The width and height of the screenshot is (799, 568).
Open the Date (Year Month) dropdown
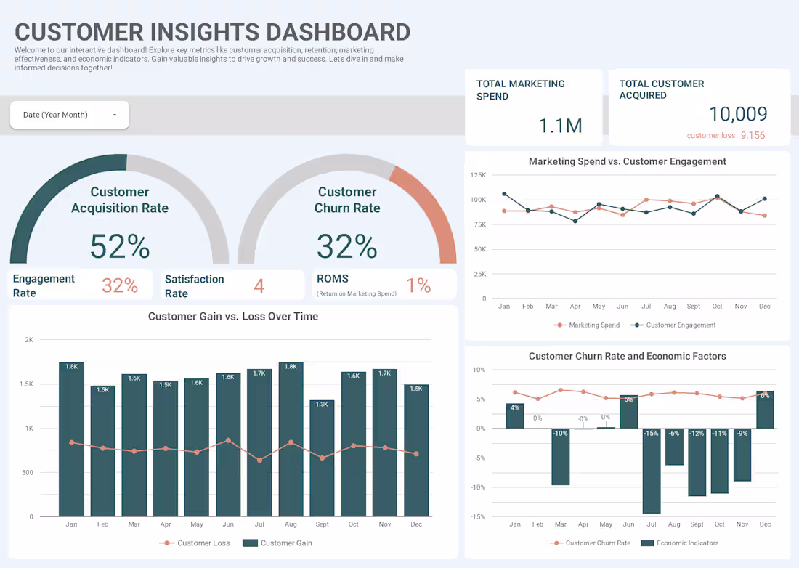(x=69, y=115)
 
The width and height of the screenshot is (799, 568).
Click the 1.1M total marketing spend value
(x=560, y=126)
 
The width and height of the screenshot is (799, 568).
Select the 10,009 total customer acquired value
(x=738, y=114)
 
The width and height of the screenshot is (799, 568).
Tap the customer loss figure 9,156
(x=753, y=136)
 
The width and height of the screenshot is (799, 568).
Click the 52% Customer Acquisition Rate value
(x=120, y=246)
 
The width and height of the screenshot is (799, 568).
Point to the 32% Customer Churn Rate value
(x=347, y=246)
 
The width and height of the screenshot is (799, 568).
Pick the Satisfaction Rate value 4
(x=259, y=286)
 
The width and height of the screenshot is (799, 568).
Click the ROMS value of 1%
(x=418, y=286)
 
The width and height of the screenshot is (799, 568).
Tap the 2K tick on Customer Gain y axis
(x=29, y=340)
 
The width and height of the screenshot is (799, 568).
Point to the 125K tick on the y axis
(x=478, y=175)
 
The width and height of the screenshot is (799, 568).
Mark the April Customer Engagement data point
(x=575, y=221)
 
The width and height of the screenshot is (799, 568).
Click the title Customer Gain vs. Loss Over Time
(x=233, y=317)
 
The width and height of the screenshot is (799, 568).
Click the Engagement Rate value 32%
(x=120, y=286)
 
